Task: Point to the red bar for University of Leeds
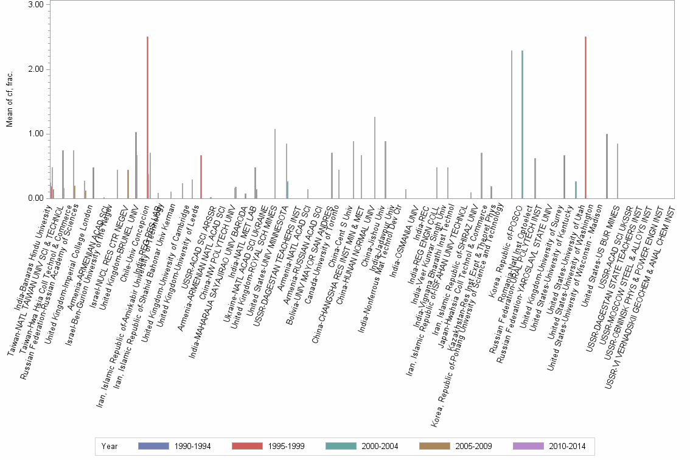tap(201, 176)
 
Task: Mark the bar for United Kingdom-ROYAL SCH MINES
tap(275, 164)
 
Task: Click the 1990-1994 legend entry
tap(175, 447)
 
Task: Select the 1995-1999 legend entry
tap(268, 447)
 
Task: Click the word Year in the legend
tap(110, 447)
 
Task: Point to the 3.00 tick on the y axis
tap(36, 5)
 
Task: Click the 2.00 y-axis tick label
tap(36, 69)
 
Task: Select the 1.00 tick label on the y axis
tap(36, 134)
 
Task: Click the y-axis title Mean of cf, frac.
tap(9, 101)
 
